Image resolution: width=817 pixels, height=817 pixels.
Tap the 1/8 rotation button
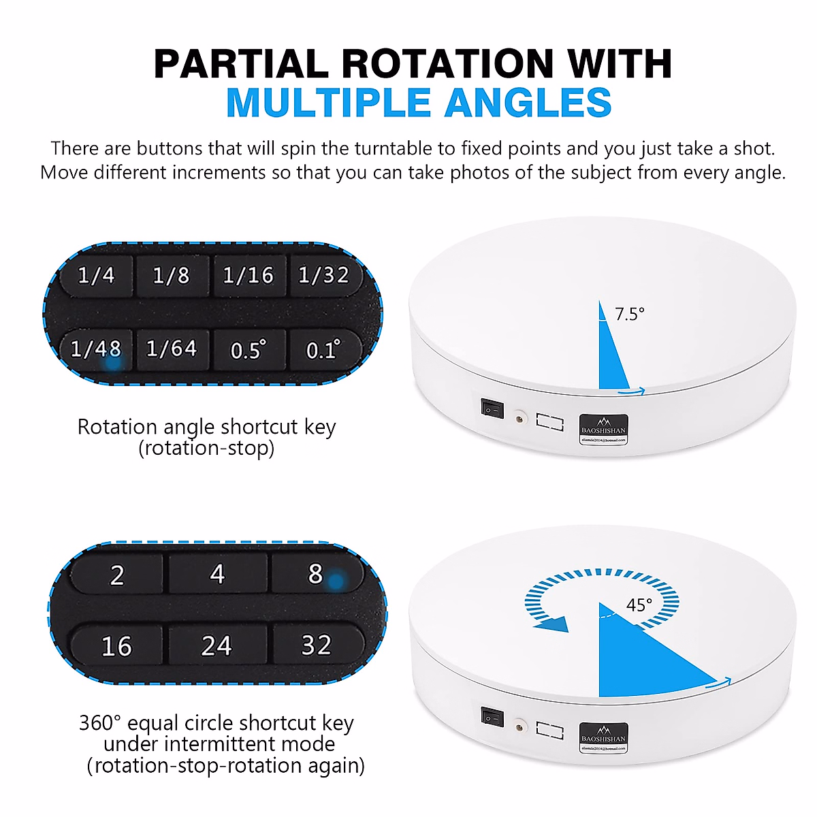[172, 276]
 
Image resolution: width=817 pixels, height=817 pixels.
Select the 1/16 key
[249, 276]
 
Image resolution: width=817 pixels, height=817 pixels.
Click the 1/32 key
[324, 276]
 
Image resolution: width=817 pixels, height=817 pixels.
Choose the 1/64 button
[172, 349]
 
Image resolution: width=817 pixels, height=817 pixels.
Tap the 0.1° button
[323, 350]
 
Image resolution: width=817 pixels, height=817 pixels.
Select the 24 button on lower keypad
[217, 645]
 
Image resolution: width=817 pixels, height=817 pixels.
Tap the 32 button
[317, 645]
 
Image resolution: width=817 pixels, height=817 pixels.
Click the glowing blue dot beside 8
[335, 581]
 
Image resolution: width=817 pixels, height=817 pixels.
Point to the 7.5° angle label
[630, 314]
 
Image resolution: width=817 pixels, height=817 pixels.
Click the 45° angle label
[639, 605]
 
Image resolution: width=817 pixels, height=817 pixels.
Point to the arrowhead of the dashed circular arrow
[553, 624]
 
